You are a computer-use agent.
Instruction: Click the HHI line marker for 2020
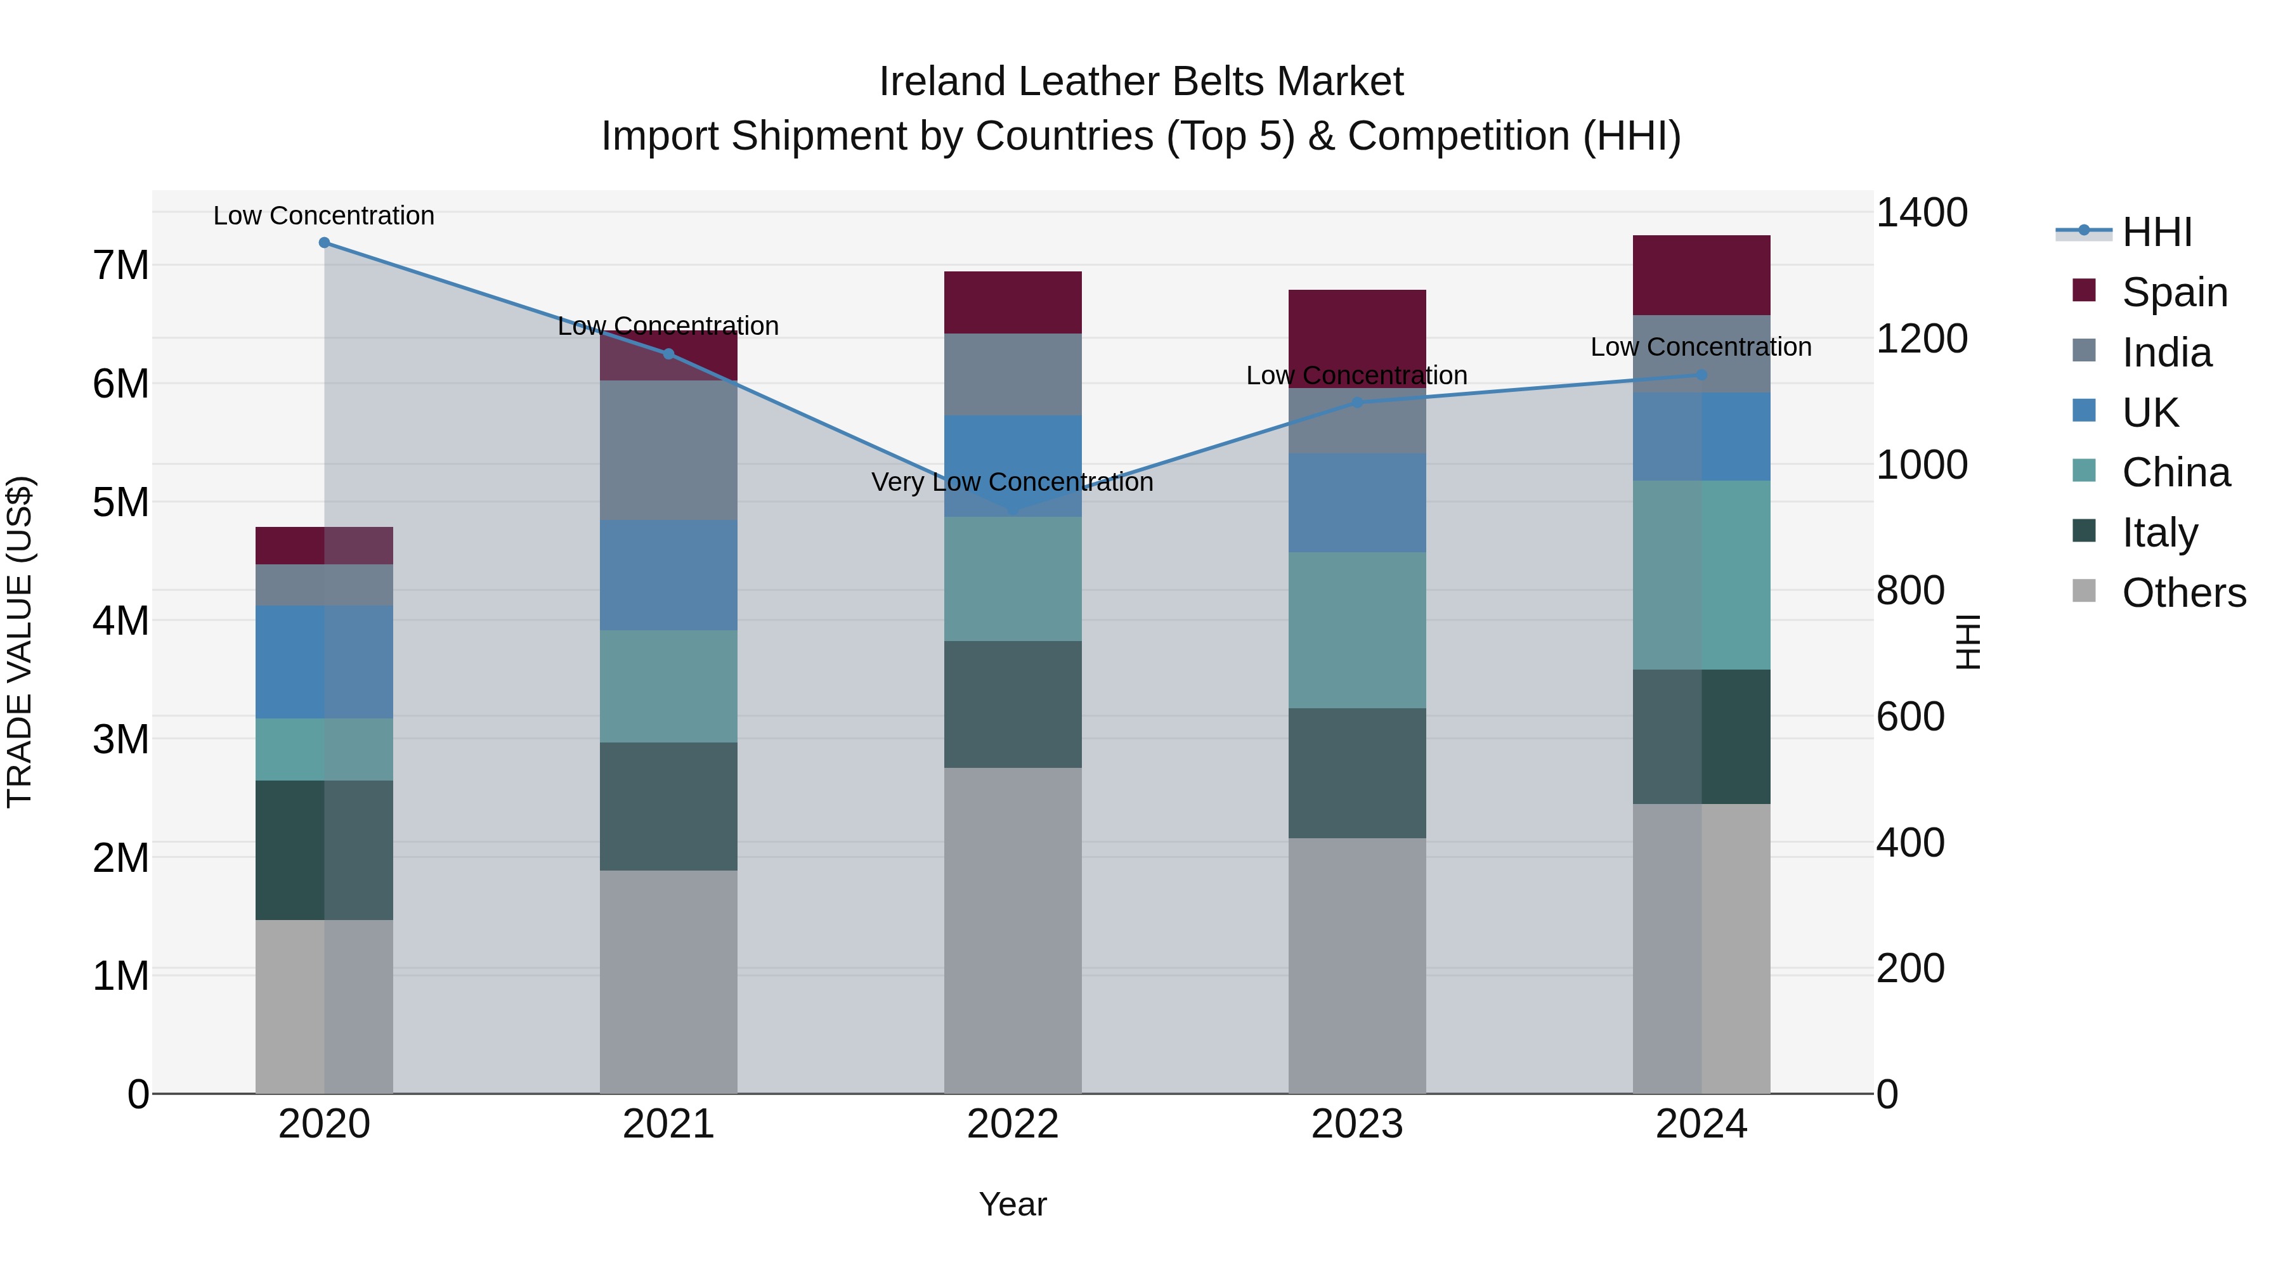tap(324, 243)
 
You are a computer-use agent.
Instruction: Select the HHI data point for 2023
tap(1357, 402)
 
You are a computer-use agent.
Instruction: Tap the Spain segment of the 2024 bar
tap(1701, 275)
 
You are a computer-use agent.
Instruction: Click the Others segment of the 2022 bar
tap(1012, 930)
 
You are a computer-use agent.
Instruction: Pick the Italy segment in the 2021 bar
tap(668, 807)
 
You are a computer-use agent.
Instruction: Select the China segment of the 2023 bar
tap(1357, 630)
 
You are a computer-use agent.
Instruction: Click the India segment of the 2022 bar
tap(1012, 374)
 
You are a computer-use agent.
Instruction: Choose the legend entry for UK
tap(2149, 413)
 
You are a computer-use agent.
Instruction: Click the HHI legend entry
tap(2156, 232)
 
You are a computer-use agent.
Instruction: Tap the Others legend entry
tap(2183, 593)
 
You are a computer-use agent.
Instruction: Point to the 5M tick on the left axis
tap(120, 502)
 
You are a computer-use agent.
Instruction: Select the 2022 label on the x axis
tap(1012, 1124)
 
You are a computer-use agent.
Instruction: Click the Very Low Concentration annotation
tap(1012, 482)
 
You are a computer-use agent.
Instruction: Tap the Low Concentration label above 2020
tap(324, 216)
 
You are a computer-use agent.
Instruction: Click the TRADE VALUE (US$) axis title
tap(20, 642)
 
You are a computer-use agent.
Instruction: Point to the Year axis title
tap(1012, 1204)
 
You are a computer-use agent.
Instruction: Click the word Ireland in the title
tap(941, 82)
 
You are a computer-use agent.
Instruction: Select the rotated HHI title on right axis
tap(1967, 642)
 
